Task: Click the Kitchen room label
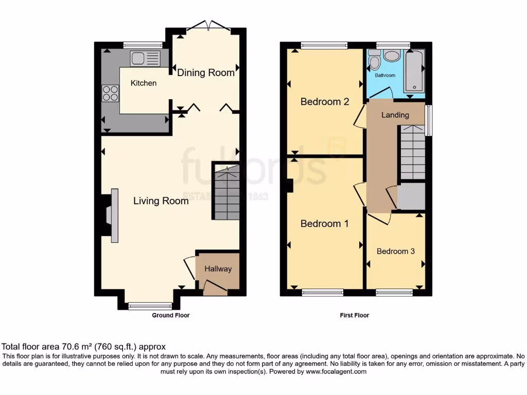pos(144,83)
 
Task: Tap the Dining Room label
pos(206,73)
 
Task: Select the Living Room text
pos(161,201)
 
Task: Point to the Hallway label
pos(218,268)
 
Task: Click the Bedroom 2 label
pos(325,101)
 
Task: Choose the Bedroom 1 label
pos(324,223)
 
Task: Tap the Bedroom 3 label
pos(396,251)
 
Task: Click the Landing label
pos(395,115)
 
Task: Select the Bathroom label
pos(385,75)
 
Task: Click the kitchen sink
pos(145,59)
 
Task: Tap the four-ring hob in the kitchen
pos(110,94)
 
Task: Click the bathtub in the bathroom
pos(414,70)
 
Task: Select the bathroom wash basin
pos(392,56)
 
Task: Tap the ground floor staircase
pos(225,191)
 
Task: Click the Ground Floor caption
pos(171,315)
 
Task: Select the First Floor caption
pos(354,315)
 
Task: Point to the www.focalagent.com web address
pos(336,371)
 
